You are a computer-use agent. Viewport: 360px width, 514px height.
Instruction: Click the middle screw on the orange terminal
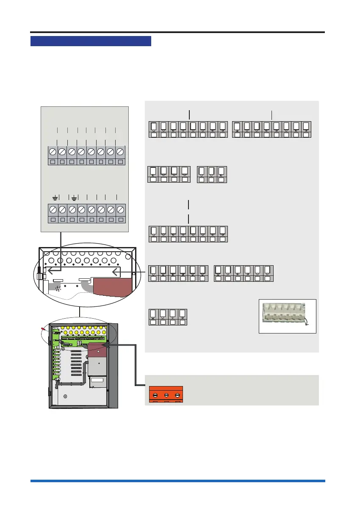[x=166, y=396]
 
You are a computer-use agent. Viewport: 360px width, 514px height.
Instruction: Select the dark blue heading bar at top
[x=91, y=41]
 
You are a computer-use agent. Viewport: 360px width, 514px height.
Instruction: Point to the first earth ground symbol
[x=55, y=197]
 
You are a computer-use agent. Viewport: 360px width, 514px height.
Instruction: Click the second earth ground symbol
[x=74, y=197]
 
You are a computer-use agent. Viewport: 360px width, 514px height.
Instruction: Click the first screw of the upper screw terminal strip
[x=53, y=152]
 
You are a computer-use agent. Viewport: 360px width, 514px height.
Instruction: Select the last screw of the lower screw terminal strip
[x=121, y=209]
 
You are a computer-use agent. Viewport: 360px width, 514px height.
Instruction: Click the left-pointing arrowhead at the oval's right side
[x=115, y=272]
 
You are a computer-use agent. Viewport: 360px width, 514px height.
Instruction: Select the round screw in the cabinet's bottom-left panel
[x=65, y=397]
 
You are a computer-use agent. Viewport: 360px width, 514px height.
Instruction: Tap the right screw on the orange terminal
[x=177, y=396]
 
